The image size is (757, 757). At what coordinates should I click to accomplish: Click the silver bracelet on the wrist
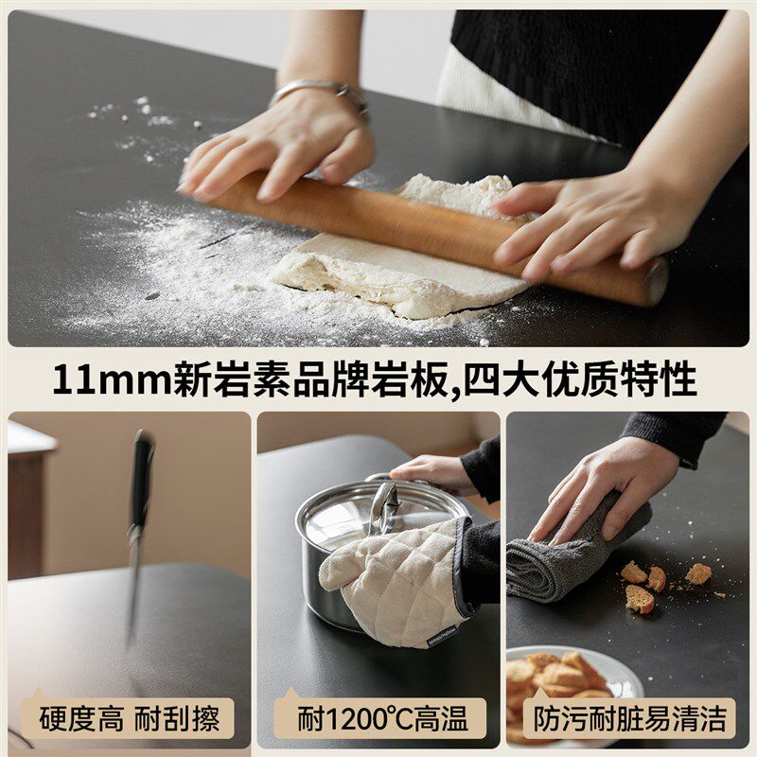click(x=319, y=93)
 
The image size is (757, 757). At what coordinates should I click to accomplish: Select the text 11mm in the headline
click(x=112, y=380)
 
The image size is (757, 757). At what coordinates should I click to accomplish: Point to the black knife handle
click(x=143, y=478)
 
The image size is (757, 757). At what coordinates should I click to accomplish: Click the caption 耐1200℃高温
click(x=382, y=719)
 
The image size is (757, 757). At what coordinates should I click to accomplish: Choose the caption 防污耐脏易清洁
click(x=629, y=719)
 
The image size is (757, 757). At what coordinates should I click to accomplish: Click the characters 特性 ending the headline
click(x=658, y=379)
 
